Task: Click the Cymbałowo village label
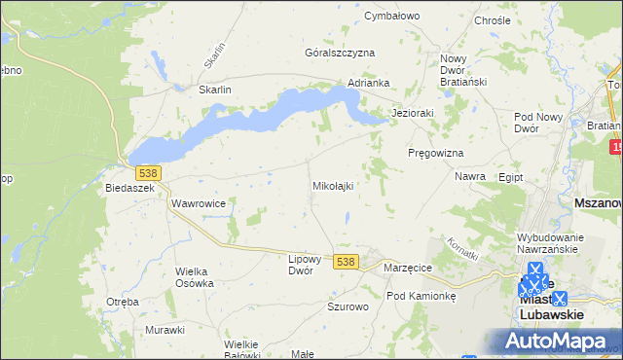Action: (x=390, y=16)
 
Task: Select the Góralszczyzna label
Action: (x=340, y=53)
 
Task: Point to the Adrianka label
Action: (x=369, y=83)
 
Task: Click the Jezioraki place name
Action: (x=412, y=113)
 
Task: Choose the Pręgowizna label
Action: (x=435, y=154)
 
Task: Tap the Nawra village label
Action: (x=470, y=177)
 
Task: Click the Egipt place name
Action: (x=510, y=178)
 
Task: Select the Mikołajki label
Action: (x=332, y=185)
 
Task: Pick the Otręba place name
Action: (x=123, y=302)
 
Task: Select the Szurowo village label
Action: (x=348, y=306)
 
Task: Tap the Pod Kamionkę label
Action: (x=421, y=296)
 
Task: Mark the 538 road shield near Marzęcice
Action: (x=346, y=262)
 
